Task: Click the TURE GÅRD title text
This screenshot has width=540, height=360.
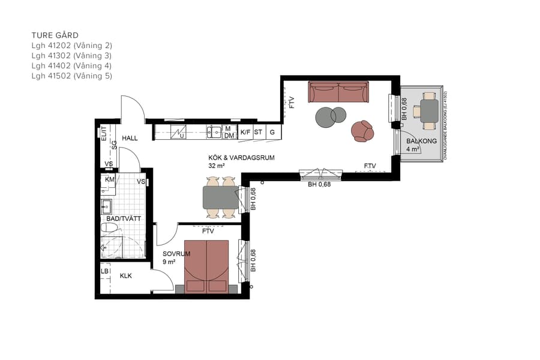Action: coord(55,35)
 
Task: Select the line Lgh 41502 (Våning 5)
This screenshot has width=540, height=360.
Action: coord(72,76)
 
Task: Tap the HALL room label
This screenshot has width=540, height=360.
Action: coord(130,138)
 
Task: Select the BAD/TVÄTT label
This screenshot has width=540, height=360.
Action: coord(124,218)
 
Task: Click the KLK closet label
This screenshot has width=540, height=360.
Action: coord(126,276)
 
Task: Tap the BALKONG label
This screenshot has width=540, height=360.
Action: coord(421,142)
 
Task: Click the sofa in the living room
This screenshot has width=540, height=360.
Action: coord(338,92)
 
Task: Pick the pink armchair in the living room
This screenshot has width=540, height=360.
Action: coord(362,131)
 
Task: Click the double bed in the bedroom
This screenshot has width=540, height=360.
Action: coord(206,266)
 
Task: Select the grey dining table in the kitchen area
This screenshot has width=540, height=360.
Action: coord(220,196)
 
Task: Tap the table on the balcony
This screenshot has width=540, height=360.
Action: coord(429,110)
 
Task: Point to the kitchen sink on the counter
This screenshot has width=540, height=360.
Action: coord(214,132)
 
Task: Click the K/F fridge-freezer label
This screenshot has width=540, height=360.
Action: coord(245,132)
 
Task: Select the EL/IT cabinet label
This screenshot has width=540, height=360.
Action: coord(104,133)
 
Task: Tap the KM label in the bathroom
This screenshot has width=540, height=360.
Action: coord(110,179)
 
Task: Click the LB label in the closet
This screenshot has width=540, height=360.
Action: coord(105,272)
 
